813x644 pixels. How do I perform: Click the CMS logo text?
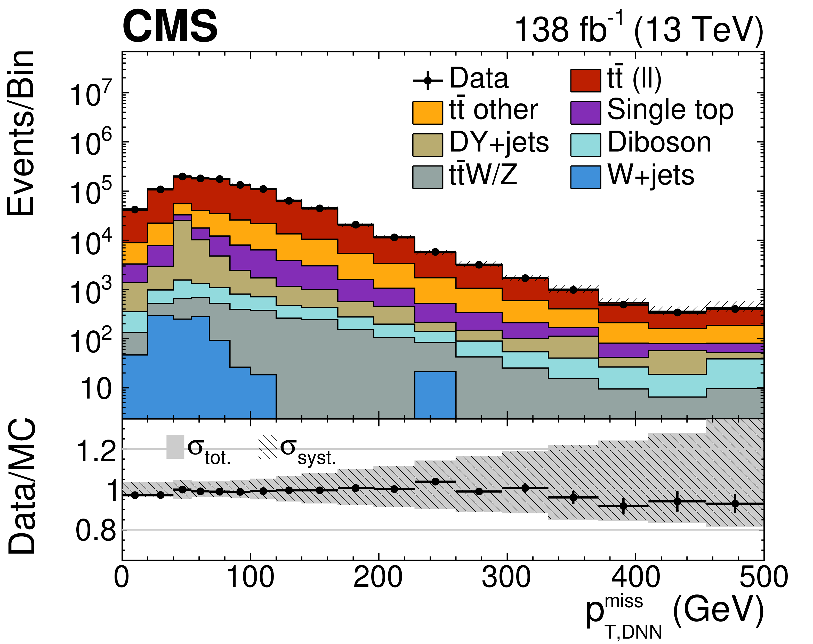click(170, 26)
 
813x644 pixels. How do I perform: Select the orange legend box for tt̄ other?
click(428, 112)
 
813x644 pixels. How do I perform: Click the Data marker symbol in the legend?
click(428, 80)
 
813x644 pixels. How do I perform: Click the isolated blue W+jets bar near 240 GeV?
click(435, 394)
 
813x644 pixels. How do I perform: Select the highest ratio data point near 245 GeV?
click(435, 481)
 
